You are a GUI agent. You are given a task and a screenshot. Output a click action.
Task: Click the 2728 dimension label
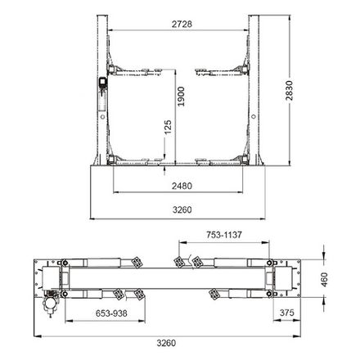point(182,24)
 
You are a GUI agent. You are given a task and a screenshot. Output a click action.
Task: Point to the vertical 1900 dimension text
point(181,97)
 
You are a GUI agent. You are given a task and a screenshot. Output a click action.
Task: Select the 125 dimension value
point(168,127)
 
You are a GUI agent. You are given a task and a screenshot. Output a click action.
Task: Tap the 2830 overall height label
point(289,91)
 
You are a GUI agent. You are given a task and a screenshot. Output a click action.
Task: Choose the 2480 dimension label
point(182,186)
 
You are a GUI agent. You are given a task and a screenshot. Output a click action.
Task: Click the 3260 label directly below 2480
point(182,209)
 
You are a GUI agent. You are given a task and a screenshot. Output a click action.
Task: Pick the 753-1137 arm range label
point(224,235)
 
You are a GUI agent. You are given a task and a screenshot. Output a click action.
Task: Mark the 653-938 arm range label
point(111,313)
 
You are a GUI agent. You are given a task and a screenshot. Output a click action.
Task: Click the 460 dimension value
point(324,280)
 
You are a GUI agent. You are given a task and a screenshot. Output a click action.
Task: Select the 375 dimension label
point(287,313)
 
